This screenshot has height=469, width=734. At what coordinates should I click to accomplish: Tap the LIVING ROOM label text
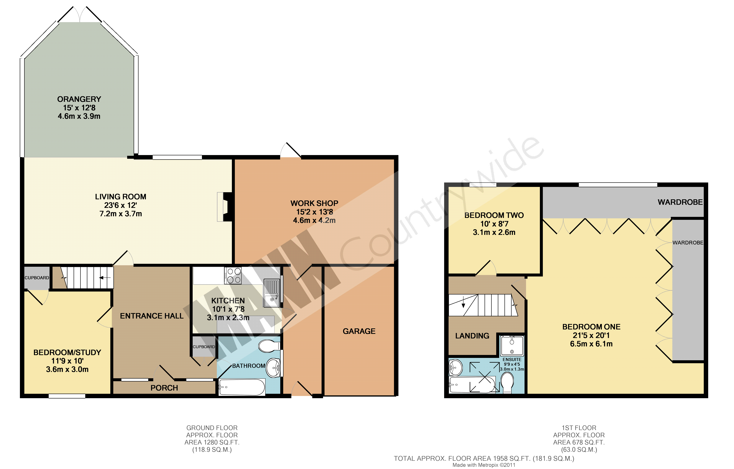[x=121, y=197]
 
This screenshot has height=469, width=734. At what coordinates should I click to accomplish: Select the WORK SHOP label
[x=314, y=203]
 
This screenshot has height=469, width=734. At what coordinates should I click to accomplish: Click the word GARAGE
[x=359, y=331]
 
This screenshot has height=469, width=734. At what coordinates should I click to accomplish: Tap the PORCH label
[x=164, y=388]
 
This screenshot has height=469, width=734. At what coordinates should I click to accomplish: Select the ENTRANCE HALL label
[x=152, y=316]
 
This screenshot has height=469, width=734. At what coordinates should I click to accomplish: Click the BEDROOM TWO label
[x=494, y=215]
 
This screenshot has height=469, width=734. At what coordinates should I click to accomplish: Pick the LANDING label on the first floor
[x=472, y=336]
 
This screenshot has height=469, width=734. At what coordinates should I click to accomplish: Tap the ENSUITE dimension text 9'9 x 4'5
[x=512, y=364]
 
